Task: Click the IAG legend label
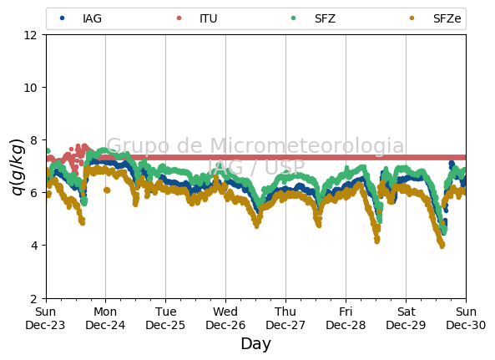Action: pyautogui.click(x=92, y=18)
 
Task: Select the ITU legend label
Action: pyautogui.click(x=209, y=18)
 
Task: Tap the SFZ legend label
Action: pyautogui.click(x=325, y=18)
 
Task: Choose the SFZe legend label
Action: pyautogui.click(x=447, y=18)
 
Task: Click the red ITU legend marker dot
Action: pyautogui.click(x=179, y=18)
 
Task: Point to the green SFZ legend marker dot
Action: pyautogui.click(x=293, y=18)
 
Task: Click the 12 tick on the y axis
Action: pyautogui.click(x=30, y=35)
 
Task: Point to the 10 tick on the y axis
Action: pyautogui.click(x=30, y=88)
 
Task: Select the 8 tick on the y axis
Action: pyautogui.click(x=33, y=139)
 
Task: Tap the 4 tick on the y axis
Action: pyautogui.click(x=33, y=246)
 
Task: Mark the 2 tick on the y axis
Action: pyautogui.click(x=33, y=298)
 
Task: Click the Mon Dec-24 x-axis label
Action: pyautogui.click(x=105, y=318)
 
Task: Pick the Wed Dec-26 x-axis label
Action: pyautogui.click(x=225, y=318)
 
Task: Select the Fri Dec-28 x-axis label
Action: pyautogui.click(x=346, y=318)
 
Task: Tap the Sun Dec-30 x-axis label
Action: pyautogui.click(x=466, y=318)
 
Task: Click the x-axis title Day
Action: pyautogui.click(x=256, y=343)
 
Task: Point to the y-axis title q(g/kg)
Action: pyautogui.click(x=17, y=166)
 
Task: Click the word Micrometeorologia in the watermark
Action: pyautogui.click(x=307, y=145)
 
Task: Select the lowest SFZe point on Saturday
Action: pyautogui.click(x=442, y=246)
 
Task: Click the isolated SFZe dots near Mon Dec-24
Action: pyautogui.click(x=107, y=190)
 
